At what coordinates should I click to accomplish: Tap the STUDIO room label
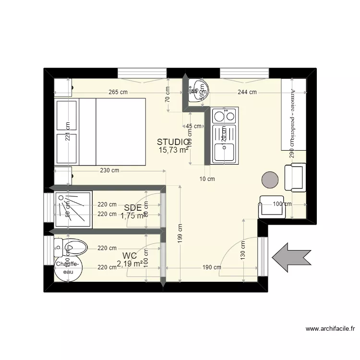[173, 142]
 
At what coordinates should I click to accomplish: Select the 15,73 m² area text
[173, 150]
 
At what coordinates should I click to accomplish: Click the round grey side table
[270, 180]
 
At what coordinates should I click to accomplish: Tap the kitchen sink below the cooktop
[224, 152]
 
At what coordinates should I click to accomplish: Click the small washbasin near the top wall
[198, 91]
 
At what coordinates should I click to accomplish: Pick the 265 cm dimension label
[118, 92]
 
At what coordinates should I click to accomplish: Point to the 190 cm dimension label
[211, 267]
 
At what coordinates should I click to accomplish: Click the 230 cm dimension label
[109, 170]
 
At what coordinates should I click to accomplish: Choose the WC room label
[130, 256]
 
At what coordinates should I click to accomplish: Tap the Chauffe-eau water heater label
[67, 267]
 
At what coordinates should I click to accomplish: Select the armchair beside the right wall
[295, 178]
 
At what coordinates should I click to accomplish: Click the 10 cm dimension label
[207, 179]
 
